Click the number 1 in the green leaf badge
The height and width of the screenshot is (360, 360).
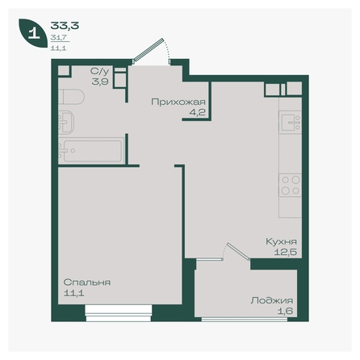tap(34, 33)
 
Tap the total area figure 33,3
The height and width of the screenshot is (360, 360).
tap(65, 26)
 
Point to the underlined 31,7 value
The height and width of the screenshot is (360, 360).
tap(58, 38)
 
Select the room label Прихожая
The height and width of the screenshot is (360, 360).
tap(178, 102)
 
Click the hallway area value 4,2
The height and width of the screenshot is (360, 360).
tap(197, 112)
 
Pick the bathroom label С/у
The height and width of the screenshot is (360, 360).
tap(100, 71)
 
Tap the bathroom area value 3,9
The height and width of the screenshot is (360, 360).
tap(100, 82)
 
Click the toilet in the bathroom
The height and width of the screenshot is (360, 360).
tap(71, 97)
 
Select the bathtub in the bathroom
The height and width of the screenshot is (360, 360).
tap(91, 150)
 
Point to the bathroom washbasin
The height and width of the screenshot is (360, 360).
tap(66, 122)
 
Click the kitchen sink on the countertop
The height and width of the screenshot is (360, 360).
tap(290, 123)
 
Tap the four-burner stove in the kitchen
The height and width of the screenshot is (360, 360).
tap(290, 185)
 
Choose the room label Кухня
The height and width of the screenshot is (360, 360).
tap(281, 241)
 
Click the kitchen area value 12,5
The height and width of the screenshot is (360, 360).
tap(286, 252)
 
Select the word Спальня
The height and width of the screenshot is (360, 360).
tap(87, 283)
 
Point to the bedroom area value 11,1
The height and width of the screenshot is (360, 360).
tap(73, 293)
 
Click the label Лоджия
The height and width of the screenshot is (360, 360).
tap(272, 300)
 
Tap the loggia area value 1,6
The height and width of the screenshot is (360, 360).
tap(285, 312)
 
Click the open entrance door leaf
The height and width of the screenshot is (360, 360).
tap(149, 50)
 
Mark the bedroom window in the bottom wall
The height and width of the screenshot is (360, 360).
tap(119, 313)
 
